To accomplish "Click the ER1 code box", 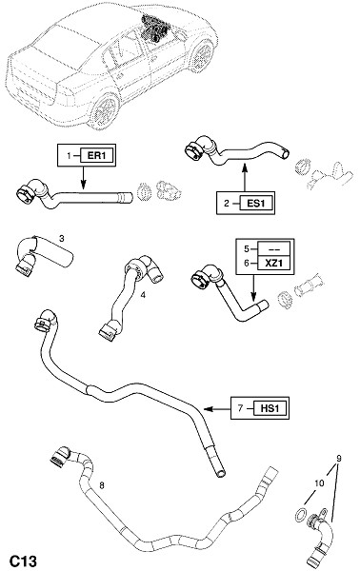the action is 97,155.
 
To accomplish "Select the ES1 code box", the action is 256,204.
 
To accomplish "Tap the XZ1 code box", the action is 273,263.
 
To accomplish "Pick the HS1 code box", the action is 270,408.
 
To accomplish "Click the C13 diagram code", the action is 23,561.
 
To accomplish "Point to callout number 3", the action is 62,239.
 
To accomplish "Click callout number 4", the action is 143,295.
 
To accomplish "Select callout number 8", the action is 102,485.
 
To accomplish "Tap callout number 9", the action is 339,459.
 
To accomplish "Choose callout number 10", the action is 319,482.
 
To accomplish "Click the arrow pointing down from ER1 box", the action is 83,178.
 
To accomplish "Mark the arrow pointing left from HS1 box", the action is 217,409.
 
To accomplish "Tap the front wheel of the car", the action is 202,56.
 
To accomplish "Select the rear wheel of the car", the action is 105,111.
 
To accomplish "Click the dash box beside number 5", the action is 273,249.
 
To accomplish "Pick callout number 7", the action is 240,408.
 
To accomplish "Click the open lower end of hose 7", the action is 220,473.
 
